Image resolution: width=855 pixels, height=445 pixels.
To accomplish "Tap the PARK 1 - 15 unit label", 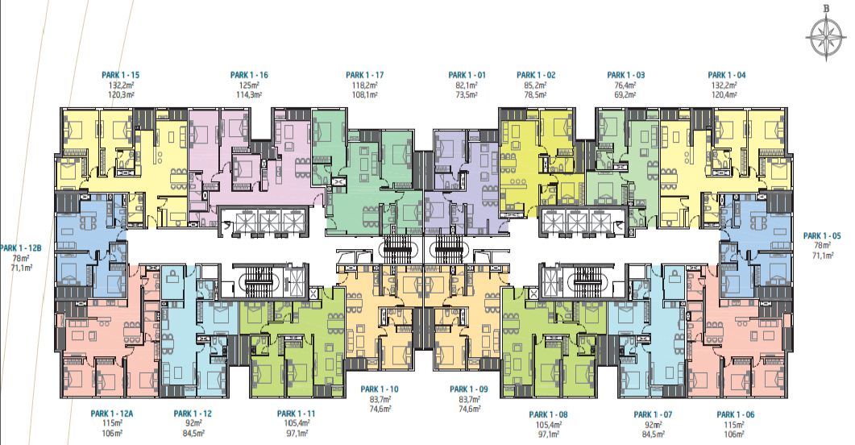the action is click(121, 75).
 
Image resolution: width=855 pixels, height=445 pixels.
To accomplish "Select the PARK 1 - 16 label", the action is click(249, 75).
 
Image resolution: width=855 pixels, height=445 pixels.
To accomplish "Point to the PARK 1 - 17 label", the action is click(365, 75).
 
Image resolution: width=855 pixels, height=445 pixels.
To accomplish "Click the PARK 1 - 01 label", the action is click(467, 75).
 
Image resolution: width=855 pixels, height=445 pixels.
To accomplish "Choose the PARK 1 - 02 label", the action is click(536, 75).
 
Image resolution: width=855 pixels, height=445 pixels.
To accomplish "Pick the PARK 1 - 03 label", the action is click(626, 75).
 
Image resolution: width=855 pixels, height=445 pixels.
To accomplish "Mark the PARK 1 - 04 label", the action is click(727, 75).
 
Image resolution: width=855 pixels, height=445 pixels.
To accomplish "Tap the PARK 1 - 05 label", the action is click(822, 236).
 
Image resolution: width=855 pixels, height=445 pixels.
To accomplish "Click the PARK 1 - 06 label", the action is click(736, 415).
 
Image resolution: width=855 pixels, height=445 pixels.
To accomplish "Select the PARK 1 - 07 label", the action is click(653, 415).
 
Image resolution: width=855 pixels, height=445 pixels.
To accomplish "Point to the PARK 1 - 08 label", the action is click(548, 415).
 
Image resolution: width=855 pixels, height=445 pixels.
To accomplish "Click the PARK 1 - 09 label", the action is click(469, 389).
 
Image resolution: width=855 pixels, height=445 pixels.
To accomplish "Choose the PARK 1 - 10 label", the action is click(380, 389).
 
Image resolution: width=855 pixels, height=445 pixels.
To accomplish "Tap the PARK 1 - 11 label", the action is click(296, 414).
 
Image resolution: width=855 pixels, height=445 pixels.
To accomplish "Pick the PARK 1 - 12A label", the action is click(112, 414).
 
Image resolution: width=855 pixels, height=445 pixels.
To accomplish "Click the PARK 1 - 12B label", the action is click(21, 248).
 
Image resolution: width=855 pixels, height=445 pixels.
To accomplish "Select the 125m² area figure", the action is click(249, 85).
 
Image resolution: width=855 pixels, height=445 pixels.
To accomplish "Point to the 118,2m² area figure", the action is click(365, 85).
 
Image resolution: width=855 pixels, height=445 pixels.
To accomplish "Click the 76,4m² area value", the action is click(626, 85).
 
